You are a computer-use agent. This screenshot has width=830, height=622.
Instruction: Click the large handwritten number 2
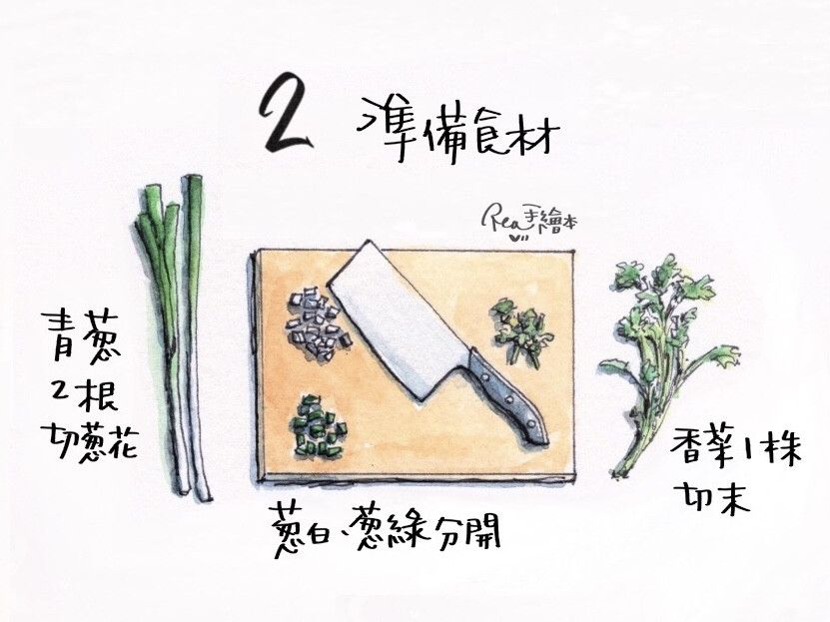(x=284, y=113)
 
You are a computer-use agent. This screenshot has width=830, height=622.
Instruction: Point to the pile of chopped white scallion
(x=318, y=323)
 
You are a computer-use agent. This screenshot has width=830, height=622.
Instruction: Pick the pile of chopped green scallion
(x=318, y=425)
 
